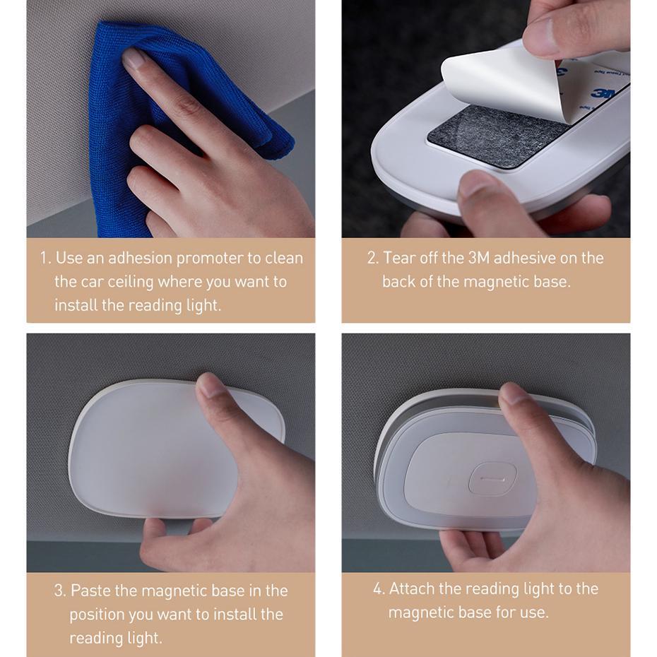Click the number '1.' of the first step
tap(45, 258)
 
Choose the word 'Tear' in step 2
tap(399, 258)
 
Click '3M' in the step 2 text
tap(478, 258)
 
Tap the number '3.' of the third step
tap(60, 590)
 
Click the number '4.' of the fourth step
tap(379, 588)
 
